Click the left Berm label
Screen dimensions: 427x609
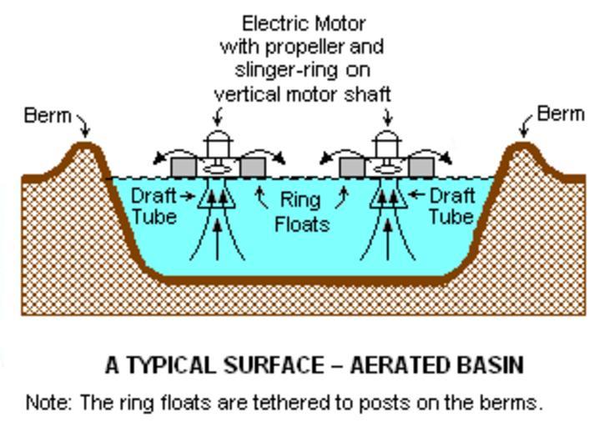(x=48, y=115)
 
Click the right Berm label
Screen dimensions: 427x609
(x=561, y=113)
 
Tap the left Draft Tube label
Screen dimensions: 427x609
(x=154, y=206)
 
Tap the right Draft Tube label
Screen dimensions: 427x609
(x=451, y=206)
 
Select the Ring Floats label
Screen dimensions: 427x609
(x=301, y=212)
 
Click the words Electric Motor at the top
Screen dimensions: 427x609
(x=303, y=23)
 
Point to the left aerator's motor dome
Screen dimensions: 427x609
(x=217, y=139)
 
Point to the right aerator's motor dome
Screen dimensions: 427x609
(x=385, y=139)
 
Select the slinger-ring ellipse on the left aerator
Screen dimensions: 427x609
(x=217, y=168)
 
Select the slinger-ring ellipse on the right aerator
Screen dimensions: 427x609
(x=385, y=168)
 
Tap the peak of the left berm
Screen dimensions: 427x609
(x=83, y=147)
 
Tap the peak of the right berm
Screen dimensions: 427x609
(x=523, y=147)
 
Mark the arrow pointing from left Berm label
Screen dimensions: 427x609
(x=83, y=127)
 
